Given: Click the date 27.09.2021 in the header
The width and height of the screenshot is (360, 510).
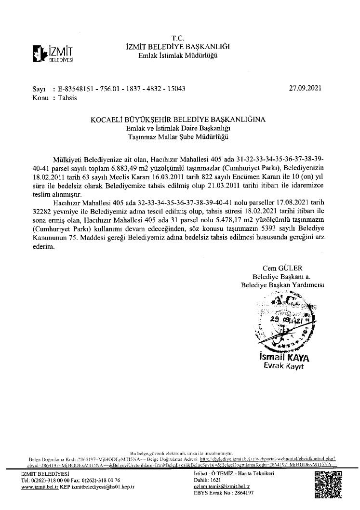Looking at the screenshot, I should [x=305, y=89].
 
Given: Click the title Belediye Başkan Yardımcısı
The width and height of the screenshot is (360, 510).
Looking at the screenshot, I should [x=282, y=285].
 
